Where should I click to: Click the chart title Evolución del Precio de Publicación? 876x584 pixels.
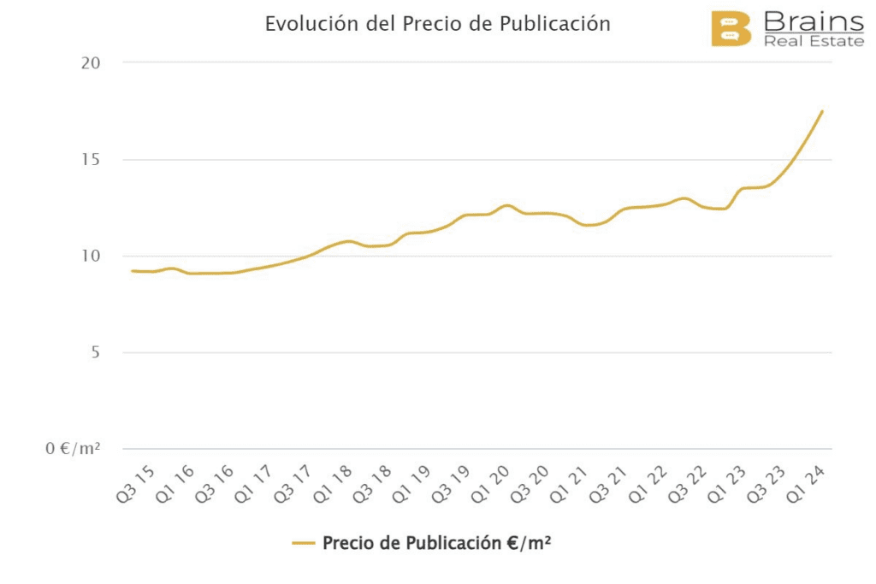click(x=437, y=24)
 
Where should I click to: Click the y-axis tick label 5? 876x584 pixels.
click(x=94, y=353)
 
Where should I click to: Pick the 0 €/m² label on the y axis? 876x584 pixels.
click(x=73, y=449)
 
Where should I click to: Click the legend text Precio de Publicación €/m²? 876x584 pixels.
click(x=435, y=543)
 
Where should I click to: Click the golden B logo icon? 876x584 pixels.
click(x=731, y=28)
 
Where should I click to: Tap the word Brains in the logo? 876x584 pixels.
click(x=813, y=21)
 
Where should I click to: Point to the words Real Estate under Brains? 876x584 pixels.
click(x=813, y=41)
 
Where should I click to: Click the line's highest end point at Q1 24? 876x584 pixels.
click(x=822, y=111)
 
